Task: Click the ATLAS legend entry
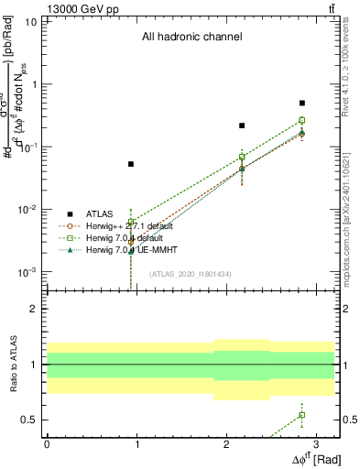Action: click(96, 212)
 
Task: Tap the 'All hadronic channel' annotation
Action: click(191, 38)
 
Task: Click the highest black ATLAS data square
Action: click(302, 103)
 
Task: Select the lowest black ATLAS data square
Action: click(131, 164)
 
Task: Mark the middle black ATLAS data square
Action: click(242, 125)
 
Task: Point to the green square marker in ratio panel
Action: click(302, 415)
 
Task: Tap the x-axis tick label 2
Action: click(225, 443)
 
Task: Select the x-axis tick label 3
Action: click(315, 443)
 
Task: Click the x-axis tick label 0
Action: click(47, 443)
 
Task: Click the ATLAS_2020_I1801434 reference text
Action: click(191, 274)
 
